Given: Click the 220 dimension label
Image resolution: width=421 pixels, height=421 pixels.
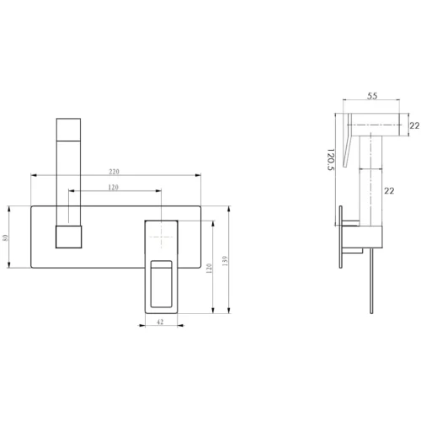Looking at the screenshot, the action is point(115,172).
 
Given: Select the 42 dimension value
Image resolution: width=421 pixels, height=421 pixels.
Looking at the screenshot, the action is point(160,322).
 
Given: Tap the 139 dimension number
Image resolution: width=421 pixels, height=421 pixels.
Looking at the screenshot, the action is point(225,261).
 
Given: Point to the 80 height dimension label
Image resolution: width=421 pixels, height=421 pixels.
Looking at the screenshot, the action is point(5,237).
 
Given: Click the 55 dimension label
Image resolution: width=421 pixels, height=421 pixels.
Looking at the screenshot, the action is point(372,96).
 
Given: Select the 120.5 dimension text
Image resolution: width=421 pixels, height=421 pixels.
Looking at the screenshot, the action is point(331,160).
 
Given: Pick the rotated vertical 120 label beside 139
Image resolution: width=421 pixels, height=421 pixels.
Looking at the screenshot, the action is point(209,269).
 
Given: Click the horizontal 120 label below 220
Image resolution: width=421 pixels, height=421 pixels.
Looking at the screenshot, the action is point(114,187).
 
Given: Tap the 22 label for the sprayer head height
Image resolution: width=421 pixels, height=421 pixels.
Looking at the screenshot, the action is point(414,125).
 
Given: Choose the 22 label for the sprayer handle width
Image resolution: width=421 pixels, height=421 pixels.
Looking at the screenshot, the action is point(389,191).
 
